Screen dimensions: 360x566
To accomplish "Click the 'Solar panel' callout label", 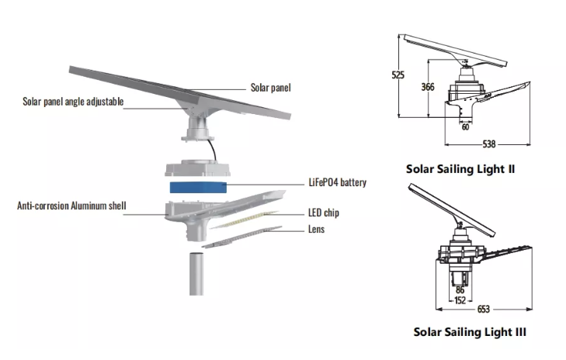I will pyautogui.click(x=271, y=88).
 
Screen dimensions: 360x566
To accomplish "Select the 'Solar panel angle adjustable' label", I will pyautogui.click(x=73, y=102).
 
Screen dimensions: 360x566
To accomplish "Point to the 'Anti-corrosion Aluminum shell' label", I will pyautogui.click(x=71, y=206).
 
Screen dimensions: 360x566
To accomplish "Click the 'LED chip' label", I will pyautogui.click(x=323, y=213).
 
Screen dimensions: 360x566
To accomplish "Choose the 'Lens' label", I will pyautogui.click(x=315, y=230).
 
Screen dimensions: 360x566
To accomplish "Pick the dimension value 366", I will pyautogui.click(x=427, y=87).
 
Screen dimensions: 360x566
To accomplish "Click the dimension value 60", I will pyautogui.click(x=465, y=127).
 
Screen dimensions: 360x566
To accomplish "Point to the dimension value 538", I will pyautogui.click(x=489, y=144).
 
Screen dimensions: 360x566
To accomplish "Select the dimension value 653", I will pyautogui.click(x=483, y=310).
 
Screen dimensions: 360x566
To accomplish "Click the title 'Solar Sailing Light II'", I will pyautogui.click(x=460, y=168).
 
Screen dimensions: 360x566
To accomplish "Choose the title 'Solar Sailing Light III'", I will pyautogui.click(x=470, y=332).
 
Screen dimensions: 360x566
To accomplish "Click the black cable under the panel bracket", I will pyautogui.click(x=210, y=147).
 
